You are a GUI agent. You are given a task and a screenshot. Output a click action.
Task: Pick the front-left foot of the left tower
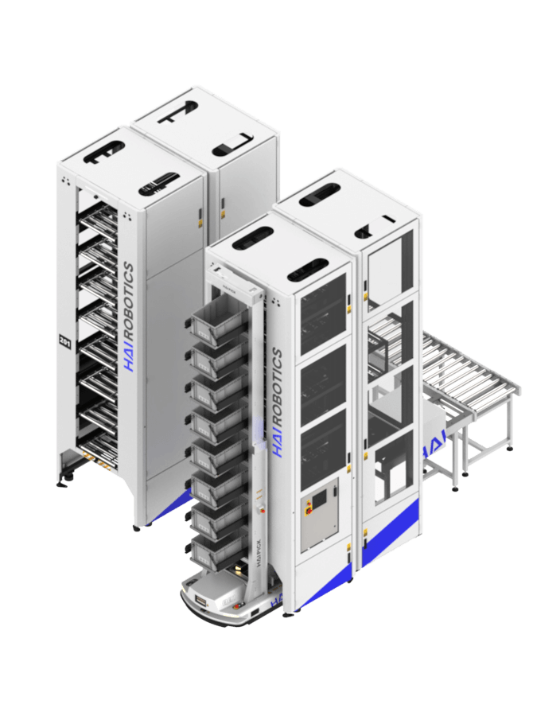(x=62, y=482)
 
